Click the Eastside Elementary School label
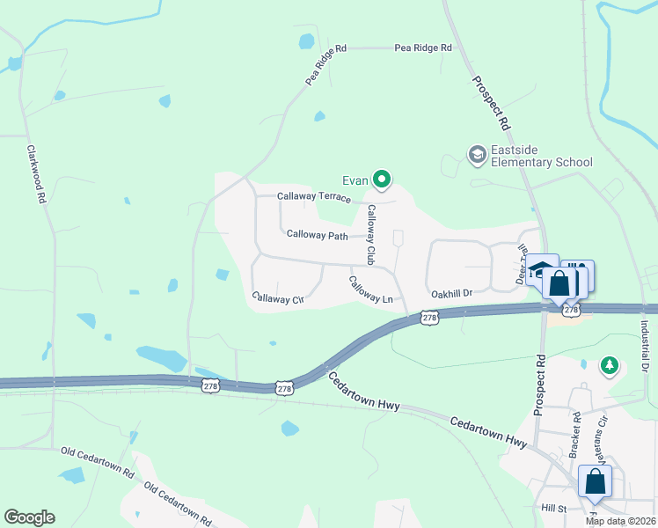pyautogui.click(x=541, y=156)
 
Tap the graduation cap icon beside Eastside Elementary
pyautogui.click(x=477, y=156)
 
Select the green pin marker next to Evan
pyautogui.click(x=382, y=180)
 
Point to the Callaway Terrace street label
pyautogui.click(x=314, y=197)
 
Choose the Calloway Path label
pyautogui.click(x=318, y=235)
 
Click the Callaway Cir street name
pyautogui.click(x=277, y=298)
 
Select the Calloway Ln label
pyautogui.click(x=370, y=290)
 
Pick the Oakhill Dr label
pyautogui.click(x=452, y=293)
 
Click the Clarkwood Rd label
pyautogui.click(x=36, y=175)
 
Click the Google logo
pyautogui.click(x=29, y=517)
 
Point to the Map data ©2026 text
pyautogui.click(x=619, y=521)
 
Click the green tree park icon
pyautogui.click(x=608, y=363)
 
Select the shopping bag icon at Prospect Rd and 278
pyautogui.click(x=559, y=283)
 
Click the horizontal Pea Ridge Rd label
pyautogui.click(x=423, y=48)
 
